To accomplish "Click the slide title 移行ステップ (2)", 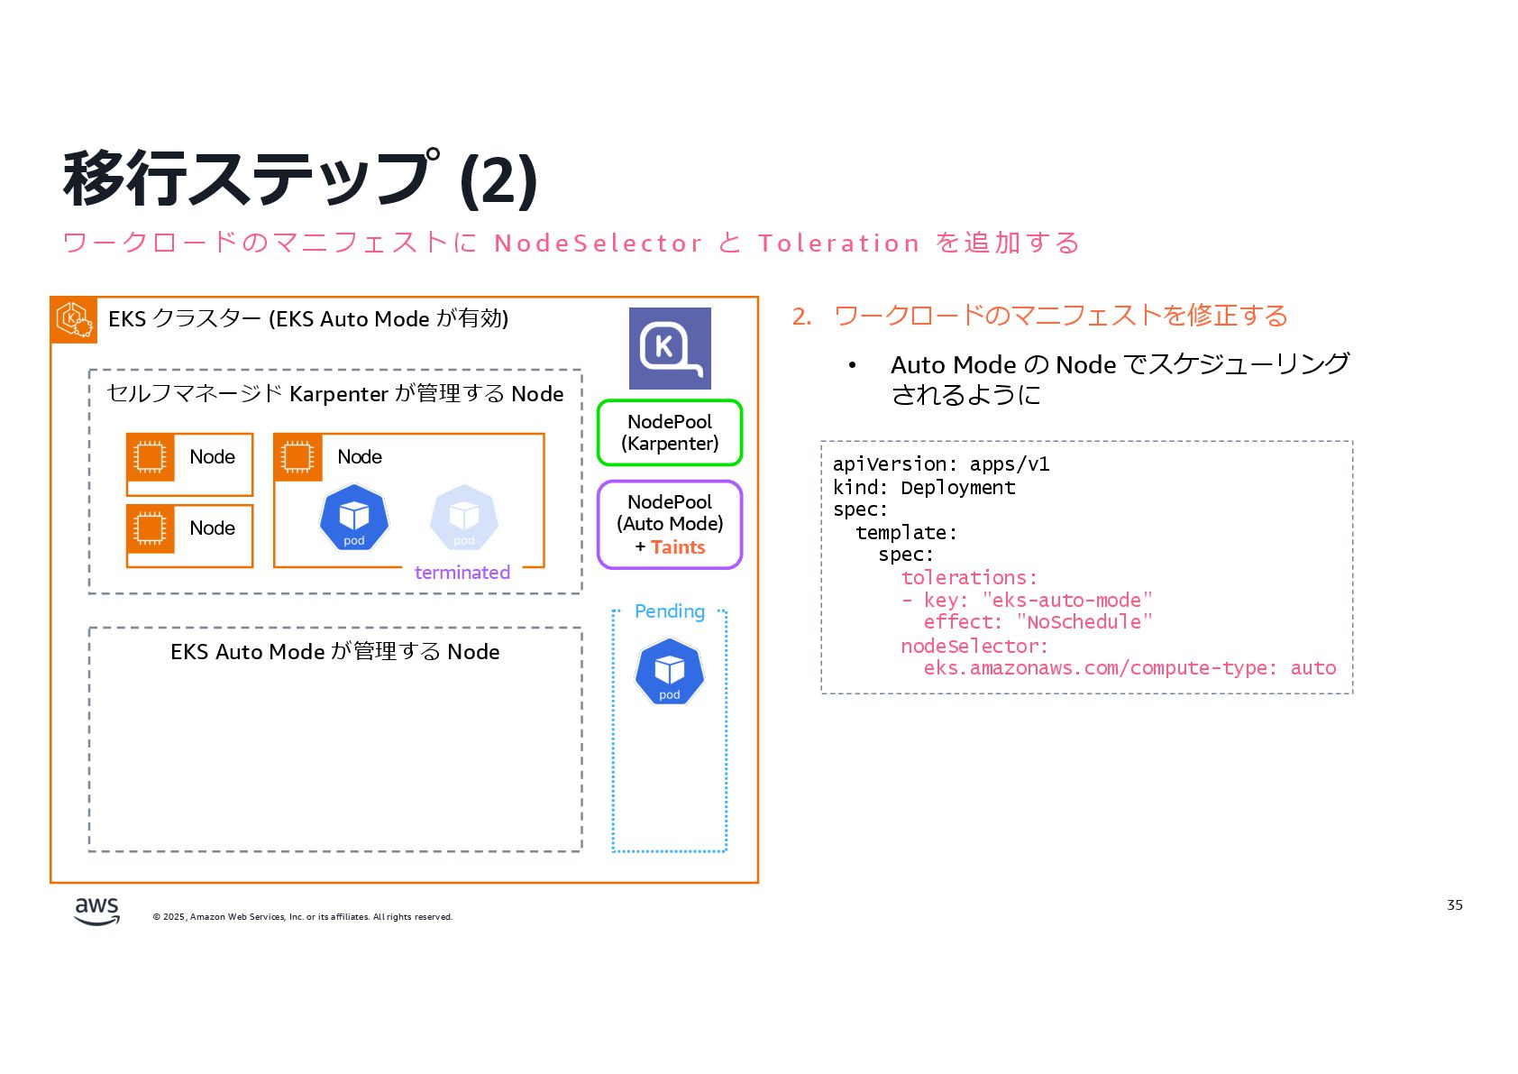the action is point(300,179).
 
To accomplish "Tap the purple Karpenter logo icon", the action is point(670,348).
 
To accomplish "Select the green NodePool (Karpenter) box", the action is point(670,433).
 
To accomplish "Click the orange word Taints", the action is point(678,547).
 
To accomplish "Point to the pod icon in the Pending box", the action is point(669,672).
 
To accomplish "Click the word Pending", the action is point(669,611).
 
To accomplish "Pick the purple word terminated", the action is point(462,573).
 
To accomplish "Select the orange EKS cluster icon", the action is point(74,319).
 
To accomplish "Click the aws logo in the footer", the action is point(96,910).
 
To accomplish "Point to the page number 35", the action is point(1454,904).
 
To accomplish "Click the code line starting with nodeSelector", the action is point(974,646).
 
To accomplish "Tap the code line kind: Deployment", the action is point(924,488).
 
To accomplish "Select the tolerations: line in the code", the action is point(969,577).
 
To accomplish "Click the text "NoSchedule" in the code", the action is point(1084,622).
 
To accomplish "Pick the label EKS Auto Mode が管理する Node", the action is point(334,652).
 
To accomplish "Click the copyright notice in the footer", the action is point(303,917).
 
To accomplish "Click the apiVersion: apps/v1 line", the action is point(940,464).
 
